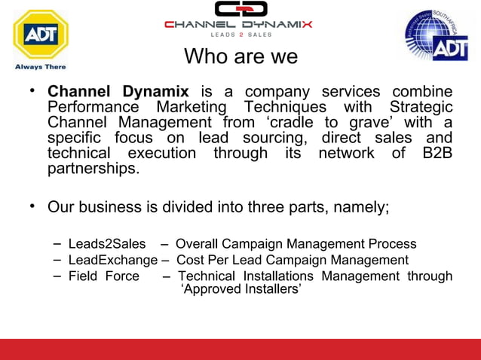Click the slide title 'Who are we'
[240, 56]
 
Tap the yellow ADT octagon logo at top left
[39, 35]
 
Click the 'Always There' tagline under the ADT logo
[40, 66]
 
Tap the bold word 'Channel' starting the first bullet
[78, 91]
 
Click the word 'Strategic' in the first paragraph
[421, 107]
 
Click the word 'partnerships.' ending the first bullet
[93, 169]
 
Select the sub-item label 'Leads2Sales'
[106, 244]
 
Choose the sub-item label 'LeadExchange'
[112, 260]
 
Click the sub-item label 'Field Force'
[103, 276]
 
